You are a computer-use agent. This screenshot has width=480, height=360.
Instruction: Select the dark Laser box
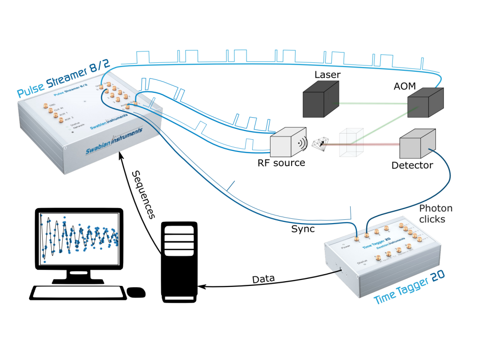(319, 99)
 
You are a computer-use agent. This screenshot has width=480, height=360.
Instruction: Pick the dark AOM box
(424, 104)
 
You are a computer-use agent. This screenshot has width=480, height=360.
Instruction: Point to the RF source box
(287, 143)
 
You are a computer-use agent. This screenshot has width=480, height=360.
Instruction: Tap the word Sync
(303, 229)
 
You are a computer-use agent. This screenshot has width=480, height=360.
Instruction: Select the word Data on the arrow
(263, 279)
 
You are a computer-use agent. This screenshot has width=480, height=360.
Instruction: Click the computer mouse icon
(136, 292)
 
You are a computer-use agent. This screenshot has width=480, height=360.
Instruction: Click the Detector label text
(412, 165)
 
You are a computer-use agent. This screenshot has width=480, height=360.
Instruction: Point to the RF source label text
(281, 163)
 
